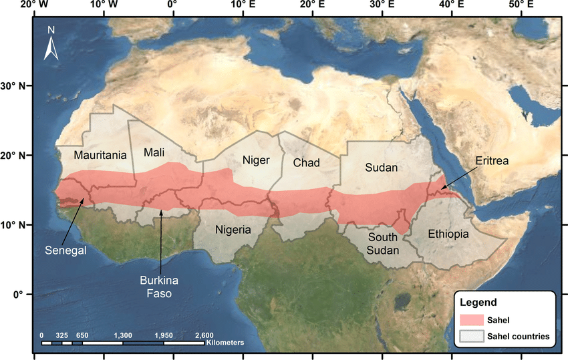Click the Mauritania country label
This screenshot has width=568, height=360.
(100, 155)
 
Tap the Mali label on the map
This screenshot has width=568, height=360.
(154, 152)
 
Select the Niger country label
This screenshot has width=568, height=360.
(255, 160)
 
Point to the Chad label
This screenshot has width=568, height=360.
(307, 162)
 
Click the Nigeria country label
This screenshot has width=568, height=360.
(233, 230)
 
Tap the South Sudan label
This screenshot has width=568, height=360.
(383, 244)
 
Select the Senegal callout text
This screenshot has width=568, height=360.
(66, 251)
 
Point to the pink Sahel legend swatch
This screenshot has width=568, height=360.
(473, 321)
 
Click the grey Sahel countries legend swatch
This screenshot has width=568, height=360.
(473, 336)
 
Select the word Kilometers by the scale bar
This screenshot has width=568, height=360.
(225, 343)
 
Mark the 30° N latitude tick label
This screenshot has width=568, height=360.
(12, 86)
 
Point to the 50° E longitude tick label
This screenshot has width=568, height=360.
(521, 5)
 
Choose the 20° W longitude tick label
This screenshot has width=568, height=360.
(33, 5)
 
